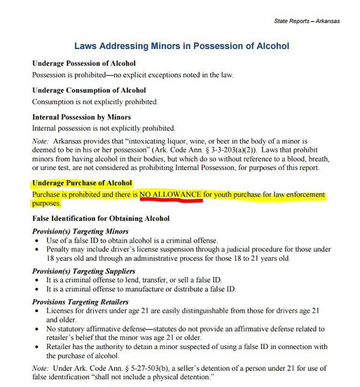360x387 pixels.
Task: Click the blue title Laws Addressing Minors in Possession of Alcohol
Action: click(x=181, y=46)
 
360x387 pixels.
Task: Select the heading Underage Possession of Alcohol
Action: click(x=83, y=63)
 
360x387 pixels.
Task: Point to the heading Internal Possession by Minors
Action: click(x=82, y=117)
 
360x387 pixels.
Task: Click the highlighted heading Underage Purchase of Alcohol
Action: click(x=82, y=183)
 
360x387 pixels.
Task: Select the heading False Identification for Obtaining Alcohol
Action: click(x=101, y=218)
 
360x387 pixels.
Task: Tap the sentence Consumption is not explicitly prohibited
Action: click(x=95, y=102)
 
